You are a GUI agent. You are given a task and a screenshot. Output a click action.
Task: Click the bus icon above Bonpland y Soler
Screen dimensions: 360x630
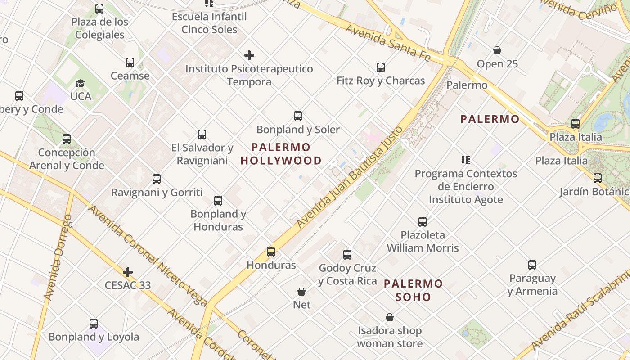(297, 116)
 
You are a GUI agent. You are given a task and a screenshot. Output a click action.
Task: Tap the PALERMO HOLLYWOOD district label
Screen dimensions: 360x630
(281, 154)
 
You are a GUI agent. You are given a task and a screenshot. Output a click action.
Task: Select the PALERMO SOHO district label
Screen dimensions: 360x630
(413, 290)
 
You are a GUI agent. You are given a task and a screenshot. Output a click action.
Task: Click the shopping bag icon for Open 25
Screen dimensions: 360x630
(497, 50)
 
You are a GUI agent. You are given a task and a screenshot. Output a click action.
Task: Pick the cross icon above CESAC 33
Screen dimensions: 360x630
(128, 272)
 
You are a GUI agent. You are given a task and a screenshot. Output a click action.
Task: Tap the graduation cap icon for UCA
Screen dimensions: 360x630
(81, 83)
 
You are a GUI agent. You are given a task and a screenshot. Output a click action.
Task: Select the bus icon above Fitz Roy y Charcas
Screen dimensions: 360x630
(381, 67)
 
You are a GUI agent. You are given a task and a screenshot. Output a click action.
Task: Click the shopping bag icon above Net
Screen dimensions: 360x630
(301, 292)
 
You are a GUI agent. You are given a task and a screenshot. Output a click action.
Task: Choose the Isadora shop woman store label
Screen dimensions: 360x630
(390, 337)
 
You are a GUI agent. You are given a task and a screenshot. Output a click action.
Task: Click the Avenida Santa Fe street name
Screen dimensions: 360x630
(388, 43)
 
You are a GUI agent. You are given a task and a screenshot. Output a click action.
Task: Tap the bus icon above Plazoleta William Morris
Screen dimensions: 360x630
(423, 221)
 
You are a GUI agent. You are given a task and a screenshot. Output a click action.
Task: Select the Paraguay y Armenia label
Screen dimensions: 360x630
(532, 284)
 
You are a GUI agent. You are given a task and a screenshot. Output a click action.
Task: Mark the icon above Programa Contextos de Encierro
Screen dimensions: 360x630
(465, 160)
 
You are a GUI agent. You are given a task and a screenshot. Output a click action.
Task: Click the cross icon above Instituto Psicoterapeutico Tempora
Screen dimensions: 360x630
(249, 55)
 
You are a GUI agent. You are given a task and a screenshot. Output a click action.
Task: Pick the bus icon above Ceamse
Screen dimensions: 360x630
(130, 63)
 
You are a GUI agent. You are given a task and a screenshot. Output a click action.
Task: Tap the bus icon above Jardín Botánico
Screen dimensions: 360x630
(597, 178)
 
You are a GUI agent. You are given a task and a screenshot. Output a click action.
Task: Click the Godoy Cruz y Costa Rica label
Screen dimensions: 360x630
(347, 274)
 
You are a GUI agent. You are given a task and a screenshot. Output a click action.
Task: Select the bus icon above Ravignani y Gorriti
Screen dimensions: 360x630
(157, 179)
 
